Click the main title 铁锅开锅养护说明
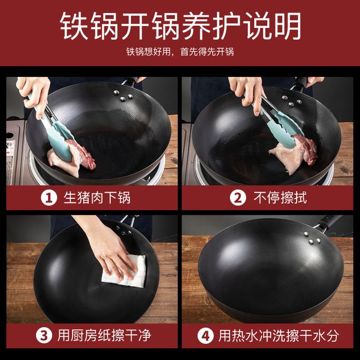[181, 26]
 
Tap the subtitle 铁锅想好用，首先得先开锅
[180, 52]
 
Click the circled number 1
[49, 198]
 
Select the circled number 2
[238, 198]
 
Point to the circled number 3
[44, 335]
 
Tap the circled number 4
[205, 336]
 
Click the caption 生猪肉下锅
[97, 198]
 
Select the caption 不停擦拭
[280, 198]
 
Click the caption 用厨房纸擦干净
[104, 335]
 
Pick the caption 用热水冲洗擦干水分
[278, 336]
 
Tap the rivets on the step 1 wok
[123, 96]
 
